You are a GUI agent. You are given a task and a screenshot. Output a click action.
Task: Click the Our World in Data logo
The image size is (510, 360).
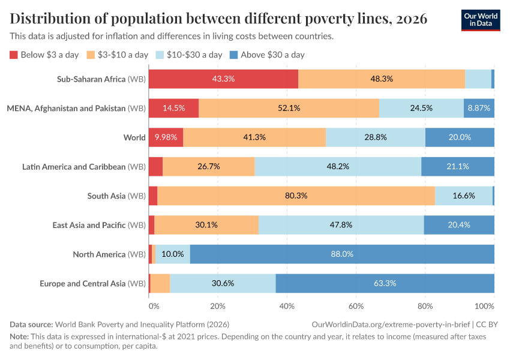tap(480, 20)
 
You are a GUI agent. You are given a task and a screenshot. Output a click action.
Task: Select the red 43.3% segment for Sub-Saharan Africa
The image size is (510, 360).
tap(223, 79)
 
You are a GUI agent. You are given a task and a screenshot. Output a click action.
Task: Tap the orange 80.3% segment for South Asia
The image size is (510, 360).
tap(296, 196)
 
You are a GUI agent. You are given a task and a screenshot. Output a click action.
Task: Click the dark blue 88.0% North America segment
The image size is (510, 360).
tap(342, 254)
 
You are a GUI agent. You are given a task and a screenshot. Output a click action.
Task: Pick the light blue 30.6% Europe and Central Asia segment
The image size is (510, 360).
tap(223, 283)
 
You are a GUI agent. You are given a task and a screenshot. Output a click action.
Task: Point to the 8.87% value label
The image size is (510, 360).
tap(479, 108)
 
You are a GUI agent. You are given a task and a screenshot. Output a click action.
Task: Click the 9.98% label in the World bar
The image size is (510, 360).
tap(166, 137)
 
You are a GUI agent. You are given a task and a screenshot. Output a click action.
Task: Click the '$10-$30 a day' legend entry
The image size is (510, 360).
tap(188, 55)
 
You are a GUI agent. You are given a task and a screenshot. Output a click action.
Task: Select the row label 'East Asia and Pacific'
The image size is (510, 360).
tap(89, 225)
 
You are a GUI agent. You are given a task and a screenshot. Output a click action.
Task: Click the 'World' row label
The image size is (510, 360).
tap(134, 137)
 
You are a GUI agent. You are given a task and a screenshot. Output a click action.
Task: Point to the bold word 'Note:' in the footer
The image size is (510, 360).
tap(20, 337)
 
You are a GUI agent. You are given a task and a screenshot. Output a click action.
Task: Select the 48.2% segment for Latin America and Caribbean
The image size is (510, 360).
tap(338, 167)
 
